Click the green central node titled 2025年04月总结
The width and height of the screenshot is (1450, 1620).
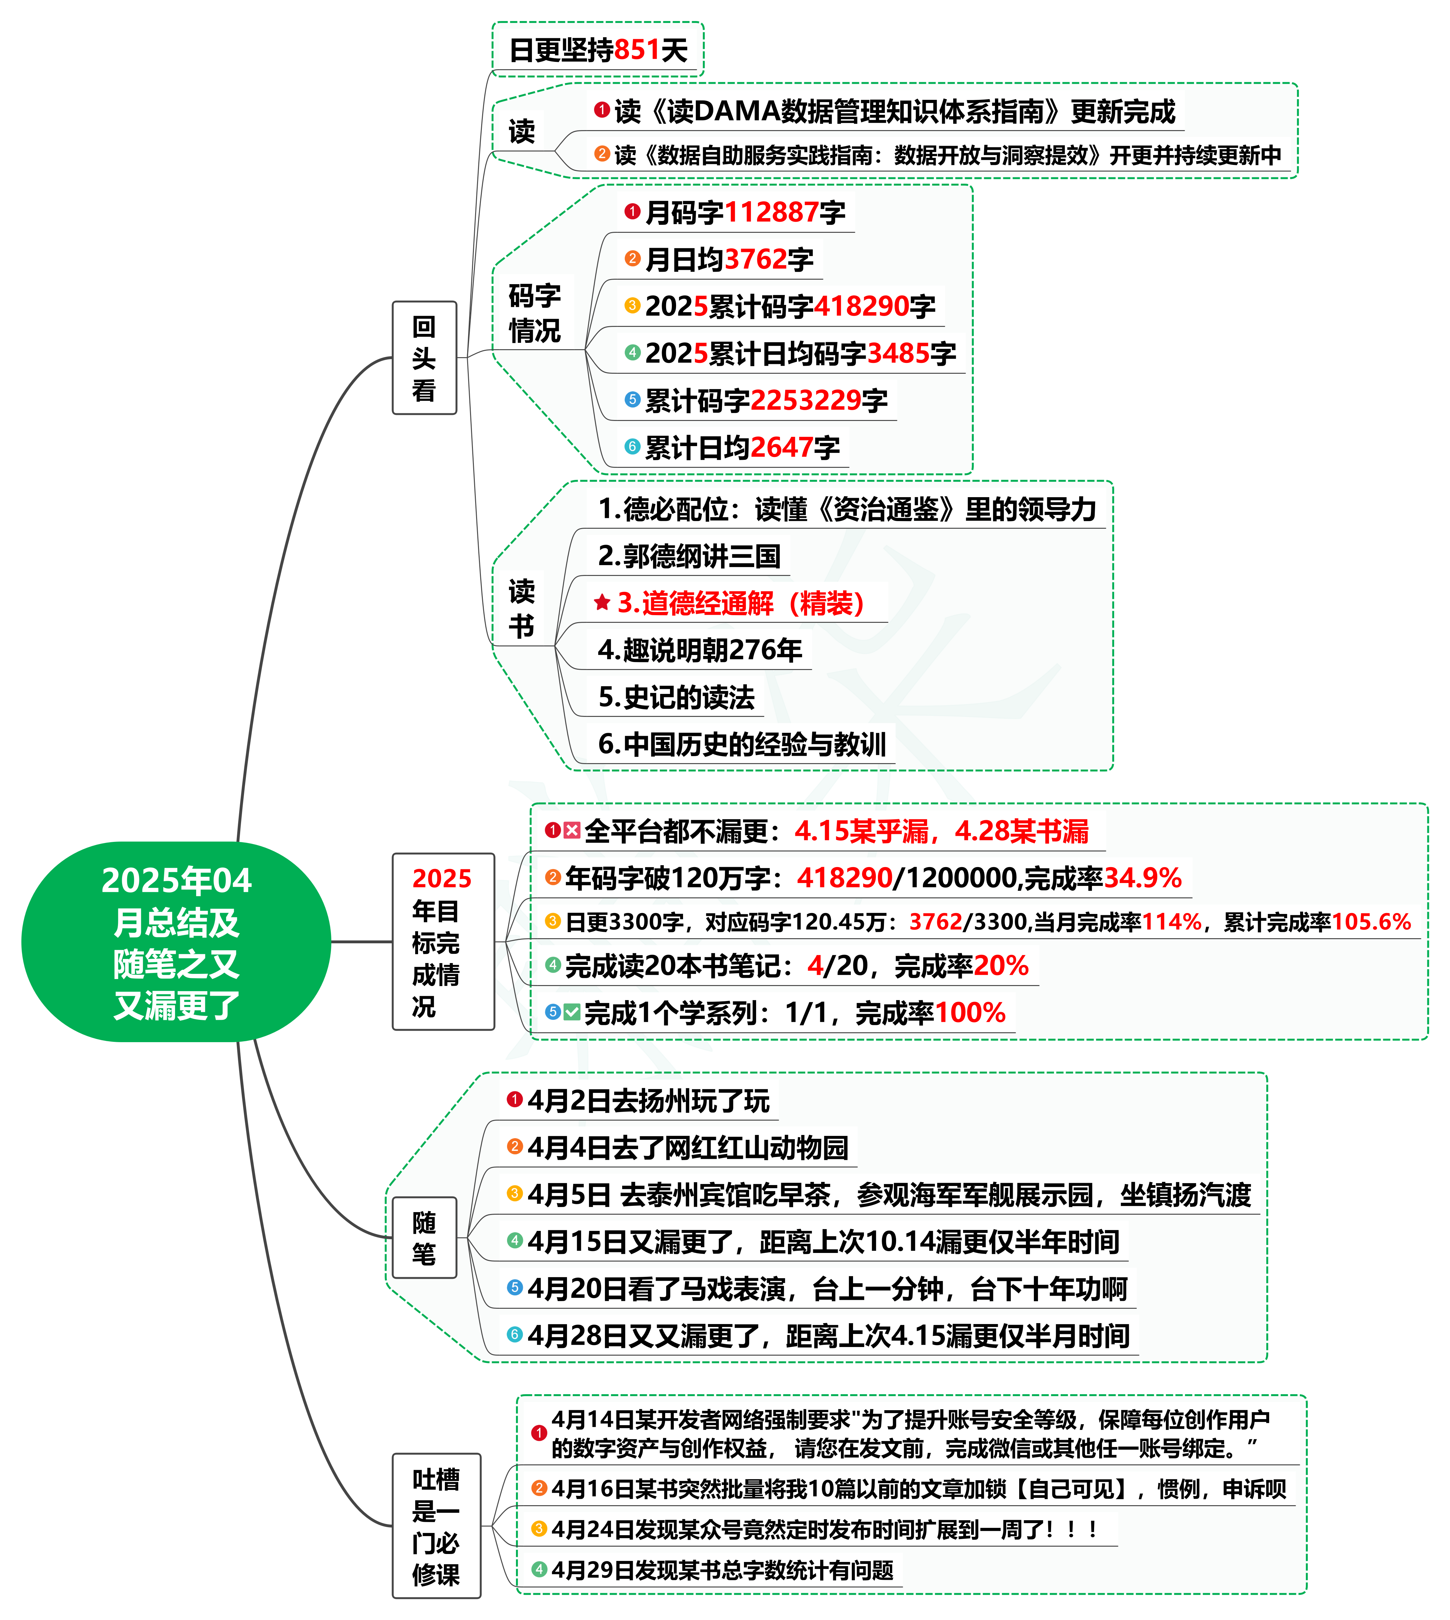(176, 942)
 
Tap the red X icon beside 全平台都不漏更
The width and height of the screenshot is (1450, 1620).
(572, 831)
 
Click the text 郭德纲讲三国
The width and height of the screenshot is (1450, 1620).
(690, 556)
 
